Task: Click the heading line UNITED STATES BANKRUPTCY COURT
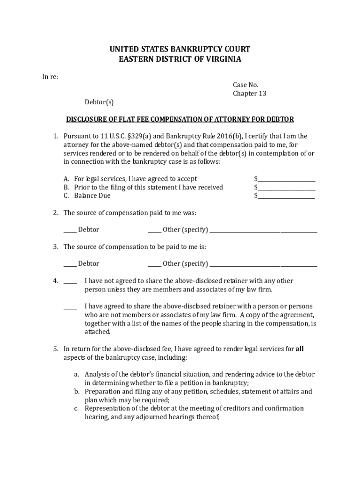[180, 49]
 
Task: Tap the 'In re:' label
[48, 77]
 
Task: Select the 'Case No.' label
[245, 85]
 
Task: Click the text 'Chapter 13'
[250, 94]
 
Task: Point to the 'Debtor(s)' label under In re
[99, 102]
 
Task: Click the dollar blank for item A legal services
[286, 179]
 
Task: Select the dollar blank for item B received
[286, 188]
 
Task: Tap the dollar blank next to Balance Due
[286, 196]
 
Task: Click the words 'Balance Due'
[93, 196]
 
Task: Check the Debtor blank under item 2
[70, 230]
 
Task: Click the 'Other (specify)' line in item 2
[263, 230]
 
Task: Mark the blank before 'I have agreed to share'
[70, 307]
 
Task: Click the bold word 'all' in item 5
[300, 348]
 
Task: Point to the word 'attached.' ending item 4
[98, 332]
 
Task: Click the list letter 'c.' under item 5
[76, 408]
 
